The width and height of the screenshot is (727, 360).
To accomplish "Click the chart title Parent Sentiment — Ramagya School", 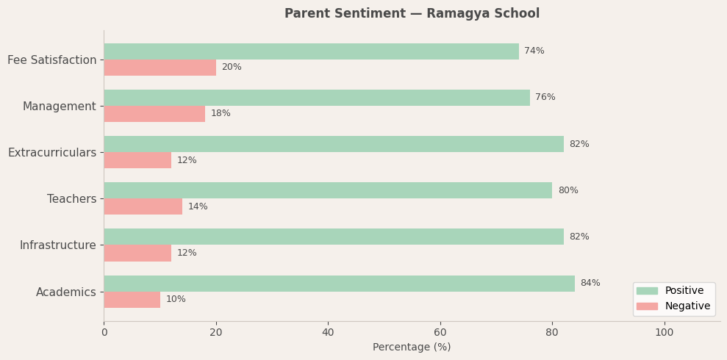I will coord(412,14).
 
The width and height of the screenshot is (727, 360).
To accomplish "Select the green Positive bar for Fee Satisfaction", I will coord(311,51).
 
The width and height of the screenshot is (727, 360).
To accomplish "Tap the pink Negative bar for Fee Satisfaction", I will coord(160,68).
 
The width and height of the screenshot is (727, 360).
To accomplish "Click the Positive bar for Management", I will coord(316,98).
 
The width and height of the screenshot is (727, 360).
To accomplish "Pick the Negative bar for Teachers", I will coord(143,206).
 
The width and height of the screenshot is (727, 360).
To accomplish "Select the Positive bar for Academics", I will coord(339,284).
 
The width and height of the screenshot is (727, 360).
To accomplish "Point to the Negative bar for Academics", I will coord(132,300).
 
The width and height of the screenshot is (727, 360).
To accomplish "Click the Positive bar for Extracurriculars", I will coord(333,144).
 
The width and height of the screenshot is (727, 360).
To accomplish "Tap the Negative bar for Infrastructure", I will coord(137,253).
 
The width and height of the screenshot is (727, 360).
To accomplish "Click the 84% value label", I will coord(590,284).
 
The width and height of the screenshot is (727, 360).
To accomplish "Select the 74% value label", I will coord(534,51).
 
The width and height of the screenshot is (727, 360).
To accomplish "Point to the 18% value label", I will coord(221,114).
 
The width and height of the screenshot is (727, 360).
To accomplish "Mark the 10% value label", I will coord(176,300).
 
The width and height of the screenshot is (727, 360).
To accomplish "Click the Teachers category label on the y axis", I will coord(71,199).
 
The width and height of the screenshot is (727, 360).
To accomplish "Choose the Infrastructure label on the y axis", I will coord(57,245).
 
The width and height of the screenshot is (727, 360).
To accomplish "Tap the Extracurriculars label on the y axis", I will coord(52,153).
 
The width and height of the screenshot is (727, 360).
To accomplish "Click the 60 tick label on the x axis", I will coord(440,333).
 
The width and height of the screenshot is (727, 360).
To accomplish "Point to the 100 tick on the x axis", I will coord(664,333).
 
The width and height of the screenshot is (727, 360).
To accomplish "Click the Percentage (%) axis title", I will coord(412,348).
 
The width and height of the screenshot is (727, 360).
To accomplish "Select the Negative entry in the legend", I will coord(687,306).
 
